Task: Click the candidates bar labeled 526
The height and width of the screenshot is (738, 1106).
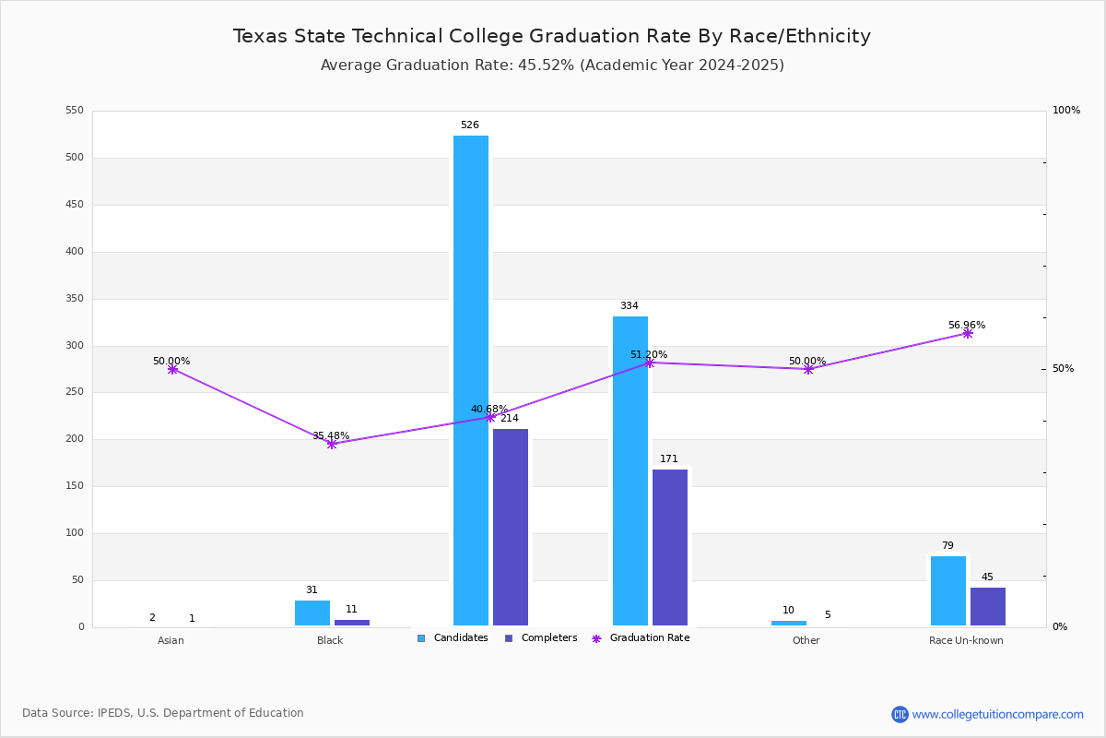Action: coord(471,380)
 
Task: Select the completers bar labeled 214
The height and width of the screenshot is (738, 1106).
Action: coord(511,527)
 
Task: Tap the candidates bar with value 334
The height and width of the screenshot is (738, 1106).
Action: coord(630,470)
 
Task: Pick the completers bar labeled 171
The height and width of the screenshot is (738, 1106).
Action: coord(670,547)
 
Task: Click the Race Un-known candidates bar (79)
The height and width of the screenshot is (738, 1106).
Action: coord(948,590)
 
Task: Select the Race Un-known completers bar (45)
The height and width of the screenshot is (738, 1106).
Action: coord(988,606)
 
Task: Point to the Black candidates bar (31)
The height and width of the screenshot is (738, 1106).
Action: coord(312,613)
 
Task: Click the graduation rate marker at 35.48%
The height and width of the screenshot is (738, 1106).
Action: coord(332,444)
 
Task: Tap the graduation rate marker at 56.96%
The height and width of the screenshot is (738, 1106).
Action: coord(967,333)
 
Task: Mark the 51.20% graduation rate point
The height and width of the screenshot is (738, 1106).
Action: coord(649,363)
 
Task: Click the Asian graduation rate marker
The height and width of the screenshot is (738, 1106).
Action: coord(172,369)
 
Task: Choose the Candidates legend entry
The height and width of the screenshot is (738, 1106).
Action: coord(453,638)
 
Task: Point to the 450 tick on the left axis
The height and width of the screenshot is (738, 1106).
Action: coord(74,205)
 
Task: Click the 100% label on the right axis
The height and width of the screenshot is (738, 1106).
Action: coord(1066,111)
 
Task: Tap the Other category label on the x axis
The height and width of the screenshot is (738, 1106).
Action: coord(806,641)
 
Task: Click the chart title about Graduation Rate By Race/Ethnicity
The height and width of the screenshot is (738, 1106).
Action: coord(551,36)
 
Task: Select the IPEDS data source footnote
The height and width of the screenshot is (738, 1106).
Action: coord(163,713)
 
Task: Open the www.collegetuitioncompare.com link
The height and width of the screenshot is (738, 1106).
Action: coord(997,714)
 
